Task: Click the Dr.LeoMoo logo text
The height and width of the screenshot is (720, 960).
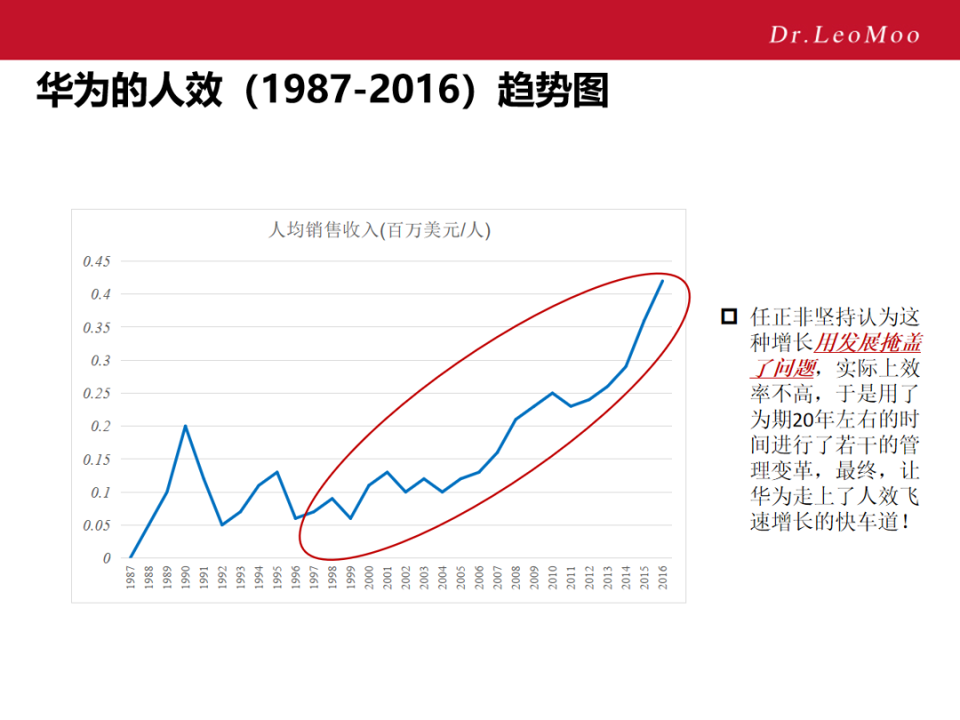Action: click(844, 35)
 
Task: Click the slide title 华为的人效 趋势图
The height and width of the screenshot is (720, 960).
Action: click(322, 92)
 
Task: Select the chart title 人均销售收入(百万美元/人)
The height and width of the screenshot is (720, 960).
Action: click(380, 230)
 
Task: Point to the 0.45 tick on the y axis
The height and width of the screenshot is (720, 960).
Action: click(97, 261)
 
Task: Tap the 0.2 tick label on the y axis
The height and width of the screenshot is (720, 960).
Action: click(100, 427)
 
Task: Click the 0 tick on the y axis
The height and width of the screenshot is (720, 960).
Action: click(107, 558)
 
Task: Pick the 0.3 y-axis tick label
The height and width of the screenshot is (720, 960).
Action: click(100, 361)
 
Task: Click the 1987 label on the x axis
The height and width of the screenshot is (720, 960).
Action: click(131, 580)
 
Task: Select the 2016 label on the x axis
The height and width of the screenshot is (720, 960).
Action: click(662, 580)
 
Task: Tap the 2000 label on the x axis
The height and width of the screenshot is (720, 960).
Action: click(369, 580)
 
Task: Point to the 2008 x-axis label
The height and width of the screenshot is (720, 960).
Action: click(516, 580)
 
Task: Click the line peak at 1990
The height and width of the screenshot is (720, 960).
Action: click(185, 426)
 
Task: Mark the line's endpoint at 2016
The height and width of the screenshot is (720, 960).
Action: click(662, 281)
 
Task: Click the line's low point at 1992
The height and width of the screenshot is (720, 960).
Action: click(222, 525)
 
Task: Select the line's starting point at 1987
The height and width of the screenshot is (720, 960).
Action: click(131, 558)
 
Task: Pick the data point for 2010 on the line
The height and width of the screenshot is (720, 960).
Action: click(552, 393)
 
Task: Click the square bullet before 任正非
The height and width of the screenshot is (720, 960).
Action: click(729, 316)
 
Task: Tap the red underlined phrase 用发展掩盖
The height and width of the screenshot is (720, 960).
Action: click(868, 342)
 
